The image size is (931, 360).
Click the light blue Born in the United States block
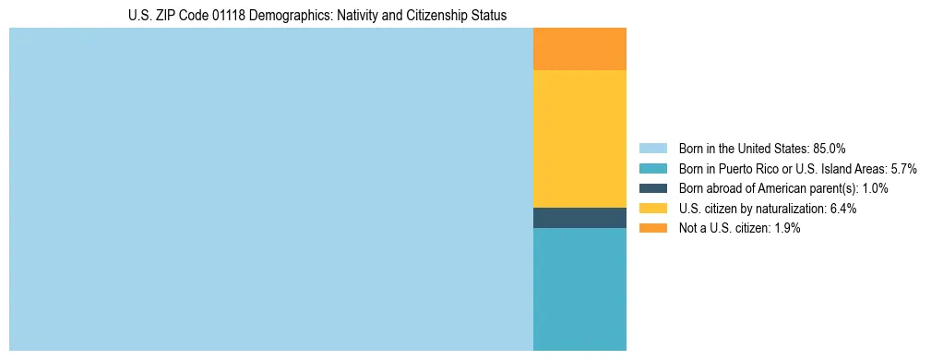[270, 189]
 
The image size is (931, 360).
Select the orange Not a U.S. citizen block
[579, 49]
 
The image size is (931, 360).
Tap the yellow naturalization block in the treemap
[579, 138]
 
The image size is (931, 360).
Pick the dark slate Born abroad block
[579, 218]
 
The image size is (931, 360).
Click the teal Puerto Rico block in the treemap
[579, 289]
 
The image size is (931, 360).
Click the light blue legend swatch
[652, 149]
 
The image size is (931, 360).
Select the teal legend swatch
[652, 169]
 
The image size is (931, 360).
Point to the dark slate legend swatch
[652, 188]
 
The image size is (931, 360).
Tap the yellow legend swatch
[652, 209]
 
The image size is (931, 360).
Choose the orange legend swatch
[652, 228]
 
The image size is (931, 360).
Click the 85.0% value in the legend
[830, 149]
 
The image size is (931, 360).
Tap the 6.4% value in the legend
[843, 209]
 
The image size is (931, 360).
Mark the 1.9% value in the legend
[787, 228]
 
